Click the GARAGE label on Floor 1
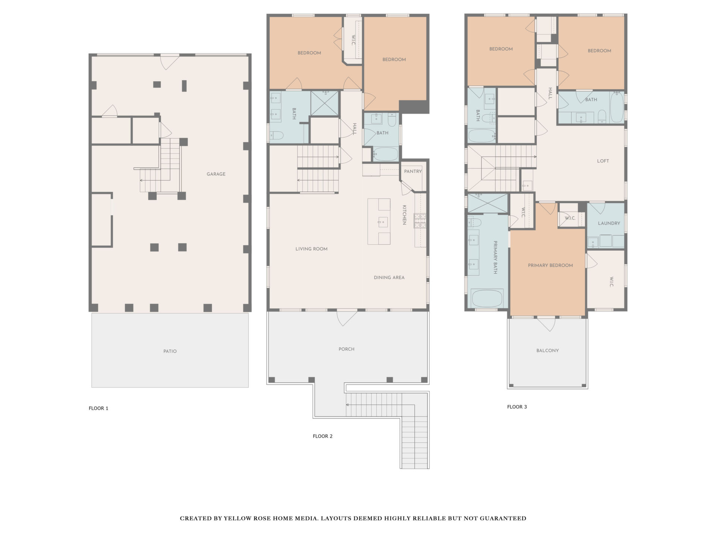tap(216, 174)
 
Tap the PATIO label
tap(170, 351)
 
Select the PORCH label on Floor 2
tap(346, 349)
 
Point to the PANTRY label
tap(413, 172)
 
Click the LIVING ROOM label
tap(311, 249)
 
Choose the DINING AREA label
tap(389, 277)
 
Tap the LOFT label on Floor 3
tap(603, 161)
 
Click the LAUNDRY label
tap(609, 223)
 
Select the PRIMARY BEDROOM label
tap(550, 266)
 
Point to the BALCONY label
tap(547, 351)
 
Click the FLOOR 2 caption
tap(323, 436)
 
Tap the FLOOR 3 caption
tap(517, 407)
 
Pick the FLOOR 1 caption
tap(98, 408)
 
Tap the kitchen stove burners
tap(420, 220)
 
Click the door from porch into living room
tap(346, 318)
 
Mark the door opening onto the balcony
tap(547, 324)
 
